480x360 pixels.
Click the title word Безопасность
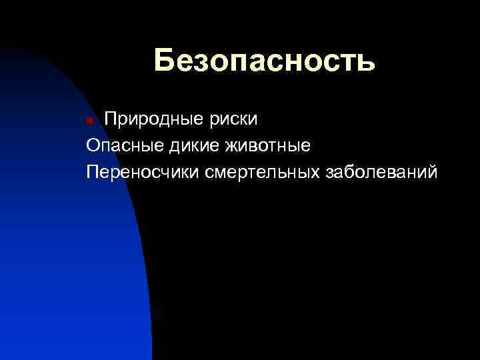[x=264, y=61]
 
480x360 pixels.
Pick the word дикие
[x=193, y=145]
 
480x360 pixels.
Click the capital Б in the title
[x=165, y=61]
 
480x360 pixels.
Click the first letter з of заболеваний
[x=330, y=173]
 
